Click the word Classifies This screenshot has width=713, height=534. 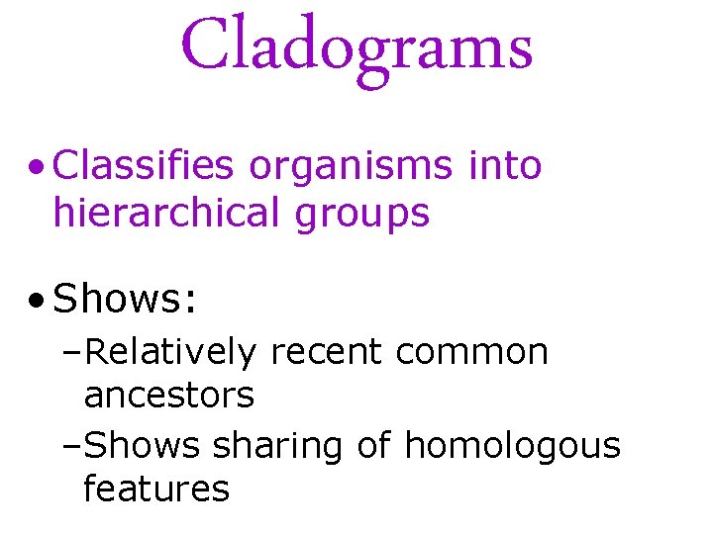pos(144,166)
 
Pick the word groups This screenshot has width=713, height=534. pos(360,214)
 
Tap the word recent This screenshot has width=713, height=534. pos(319,352)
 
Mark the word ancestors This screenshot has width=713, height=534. pos(169,397)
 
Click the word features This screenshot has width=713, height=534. pos(156,489)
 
